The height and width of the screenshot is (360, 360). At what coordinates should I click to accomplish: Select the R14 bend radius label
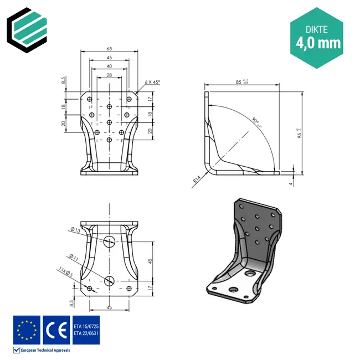[x=197, y=181]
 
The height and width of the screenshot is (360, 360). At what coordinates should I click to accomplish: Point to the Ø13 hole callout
[x=75, y=229]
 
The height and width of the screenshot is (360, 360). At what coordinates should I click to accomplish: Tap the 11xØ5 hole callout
[x=66, y=271]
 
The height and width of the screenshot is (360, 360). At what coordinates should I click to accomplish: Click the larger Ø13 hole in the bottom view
[x=109, y=240]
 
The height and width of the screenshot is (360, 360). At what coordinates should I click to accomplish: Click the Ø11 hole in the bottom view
[x=109, y=280]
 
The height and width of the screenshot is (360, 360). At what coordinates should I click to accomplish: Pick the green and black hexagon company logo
[x=27, y=28]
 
